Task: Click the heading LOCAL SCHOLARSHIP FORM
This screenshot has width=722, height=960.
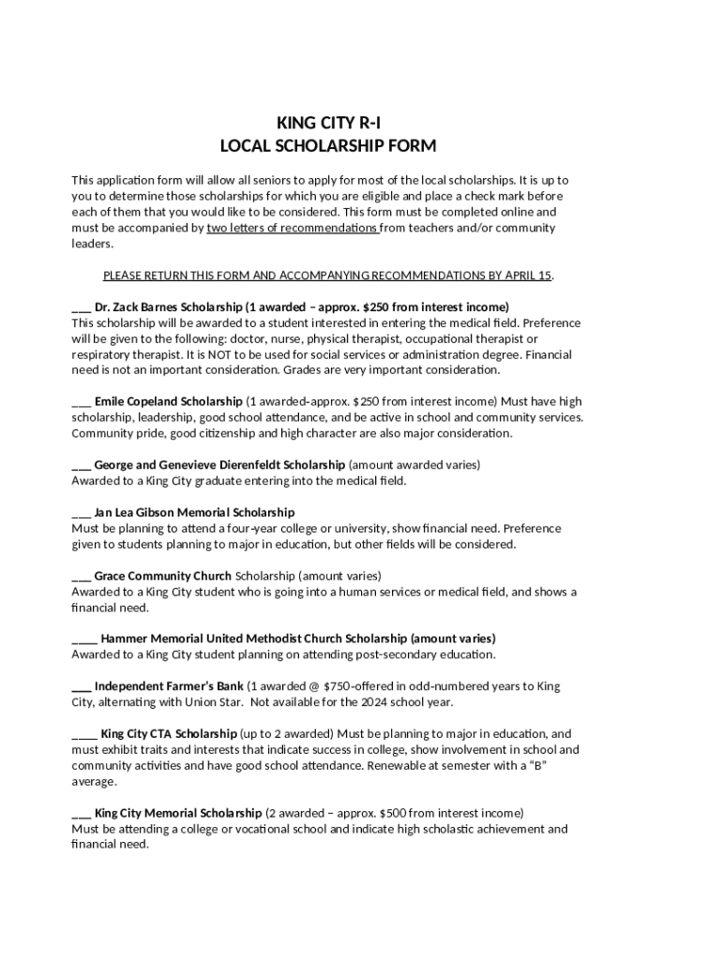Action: tap(327, 146)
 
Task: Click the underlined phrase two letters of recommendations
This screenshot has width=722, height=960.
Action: tap(293, 228)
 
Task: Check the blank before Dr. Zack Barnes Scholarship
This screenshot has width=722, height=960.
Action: tap(82, 308)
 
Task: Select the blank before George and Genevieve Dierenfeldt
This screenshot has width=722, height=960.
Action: tap(82, 466)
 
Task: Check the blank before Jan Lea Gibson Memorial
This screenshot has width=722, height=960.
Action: tap(82, 514)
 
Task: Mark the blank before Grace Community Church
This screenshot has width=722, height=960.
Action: tap(82, 577)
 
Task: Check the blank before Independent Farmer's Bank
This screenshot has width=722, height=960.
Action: tap(82, 687)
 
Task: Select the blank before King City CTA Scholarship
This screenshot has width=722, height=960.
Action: tap(84, 735)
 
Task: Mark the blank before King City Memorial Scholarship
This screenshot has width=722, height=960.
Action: tap(82, 814)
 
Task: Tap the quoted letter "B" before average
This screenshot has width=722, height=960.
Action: tap(536, 766)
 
